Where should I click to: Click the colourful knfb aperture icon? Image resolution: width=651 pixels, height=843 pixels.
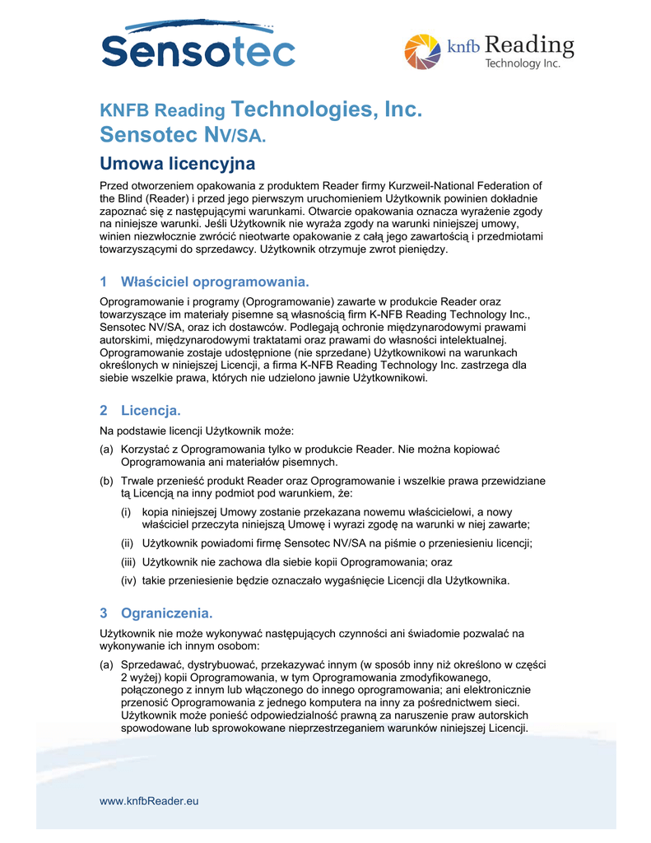click(x=423, y=52)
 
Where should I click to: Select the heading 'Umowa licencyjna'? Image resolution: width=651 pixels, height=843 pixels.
click(x=177, y=163)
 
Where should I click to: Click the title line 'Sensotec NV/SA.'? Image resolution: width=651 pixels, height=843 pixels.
click(x=183, y=134)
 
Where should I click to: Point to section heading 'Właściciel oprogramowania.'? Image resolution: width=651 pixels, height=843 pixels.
click(x=215, y=282)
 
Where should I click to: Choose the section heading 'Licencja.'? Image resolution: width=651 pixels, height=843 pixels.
click(x=151, y=410)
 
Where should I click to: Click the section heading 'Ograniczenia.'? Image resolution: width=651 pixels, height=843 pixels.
click(x=167, y=612)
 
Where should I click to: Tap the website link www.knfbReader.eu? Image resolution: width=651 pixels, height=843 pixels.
click(x=149, y=800)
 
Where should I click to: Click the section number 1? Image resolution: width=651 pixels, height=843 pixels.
click(x=104, y=282)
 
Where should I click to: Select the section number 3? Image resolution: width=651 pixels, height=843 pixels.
click(x=104, y=612)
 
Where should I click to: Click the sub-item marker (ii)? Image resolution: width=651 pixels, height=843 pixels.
click(x=127, y=543)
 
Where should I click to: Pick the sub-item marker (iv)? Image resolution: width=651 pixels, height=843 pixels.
click(x=128, y=580)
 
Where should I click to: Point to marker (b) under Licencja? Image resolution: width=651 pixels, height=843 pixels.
click(x=107, y=480)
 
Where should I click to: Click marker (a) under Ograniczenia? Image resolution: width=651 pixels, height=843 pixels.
click(x=107, y=664)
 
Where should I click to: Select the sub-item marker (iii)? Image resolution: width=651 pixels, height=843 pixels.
click(x=128, y=561)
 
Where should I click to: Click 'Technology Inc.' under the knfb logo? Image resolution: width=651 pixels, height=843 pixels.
click(x=522, y=63)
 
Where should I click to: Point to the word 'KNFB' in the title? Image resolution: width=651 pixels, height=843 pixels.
click(x=124, y=110)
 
